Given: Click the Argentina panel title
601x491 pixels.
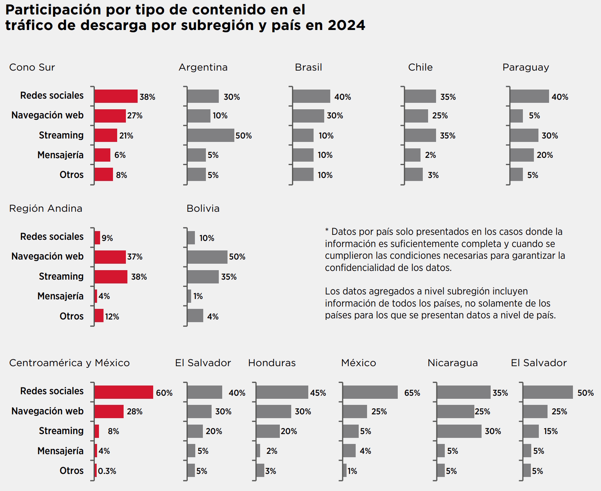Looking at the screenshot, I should point(203,68).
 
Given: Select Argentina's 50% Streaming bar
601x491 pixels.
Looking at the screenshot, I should point(210,135).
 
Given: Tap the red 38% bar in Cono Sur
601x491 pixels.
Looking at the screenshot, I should point(116,96).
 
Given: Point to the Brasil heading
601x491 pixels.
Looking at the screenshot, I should point(308,68).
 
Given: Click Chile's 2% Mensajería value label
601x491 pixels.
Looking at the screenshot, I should point(430,155).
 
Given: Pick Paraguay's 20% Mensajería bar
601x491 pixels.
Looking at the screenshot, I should point(522,155).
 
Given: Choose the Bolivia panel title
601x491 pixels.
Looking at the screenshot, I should point(203,209).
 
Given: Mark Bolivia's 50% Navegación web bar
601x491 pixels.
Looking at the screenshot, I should point(207,257).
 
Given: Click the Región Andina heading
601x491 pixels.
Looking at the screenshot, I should point(46,209).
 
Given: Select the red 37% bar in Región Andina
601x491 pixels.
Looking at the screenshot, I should point(110,257).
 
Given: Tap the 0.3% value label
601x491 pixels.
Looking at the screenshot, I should point(107,471).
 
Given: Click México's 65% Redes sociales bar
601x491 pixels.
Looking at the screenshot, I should point(370,392).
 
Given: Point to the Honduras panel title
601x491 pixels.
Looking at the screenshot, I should point(272,363).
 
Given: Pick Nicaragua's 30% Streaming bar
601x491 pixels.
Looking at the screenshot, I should point(459,431).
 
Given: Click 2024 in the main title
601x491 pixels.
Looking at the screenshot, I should point(346,25).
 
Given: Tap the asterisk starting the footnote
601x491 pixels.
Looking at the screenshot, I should point(327,230).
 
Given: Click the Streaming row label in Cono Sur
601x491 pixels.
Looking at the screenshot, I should point(61,135).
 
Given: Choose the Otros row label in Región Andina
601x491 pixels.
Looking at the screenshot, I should point(71,316).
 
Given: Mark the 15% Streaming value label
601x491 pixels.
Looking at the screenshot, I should point(551,431).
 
